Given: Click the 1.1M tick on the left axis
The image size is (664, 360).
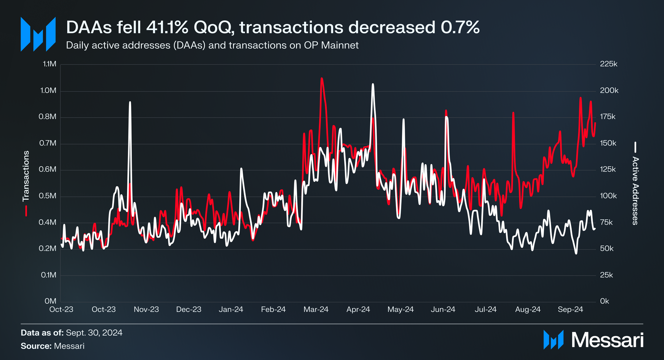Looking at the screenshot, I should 50,64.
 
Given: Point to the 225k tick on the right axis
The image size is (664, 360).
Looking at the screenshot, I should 609,64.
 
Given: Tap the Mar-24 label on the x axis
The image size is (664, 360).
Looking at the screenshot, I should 316,310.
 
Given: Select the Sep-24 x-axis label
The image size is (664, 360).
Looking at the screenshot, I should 570,310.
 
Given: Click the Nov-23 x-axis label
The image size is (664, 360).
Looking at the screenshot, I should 146,310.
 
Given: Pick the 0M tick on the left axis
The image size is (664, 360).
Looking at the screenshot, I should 51,301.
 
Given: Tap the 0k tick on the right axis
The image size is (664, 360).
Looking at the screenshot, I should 604,301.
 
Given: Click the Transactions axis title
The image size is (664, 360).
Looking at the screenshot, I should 26,176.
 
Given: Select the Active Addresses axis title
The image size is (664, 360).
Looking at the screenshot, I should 635,191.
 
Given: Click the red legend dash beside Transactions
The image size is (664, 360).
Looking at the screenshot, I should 26,210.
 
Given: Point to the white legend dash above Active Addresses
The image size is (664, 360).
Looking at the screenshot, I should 635,147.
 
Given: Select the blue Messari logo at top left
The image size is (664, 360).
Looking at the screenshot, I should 38,34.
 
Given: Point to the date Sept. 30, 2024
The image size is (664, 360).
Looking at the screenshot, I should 94,333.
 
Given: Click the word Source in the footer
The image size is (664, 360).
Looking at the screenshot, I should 36,346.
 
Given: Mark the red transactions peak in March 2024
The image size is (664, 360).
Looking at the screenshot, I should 322,78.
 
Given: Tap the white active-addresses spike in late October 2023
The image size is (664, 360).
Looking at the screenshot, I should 130,102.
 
